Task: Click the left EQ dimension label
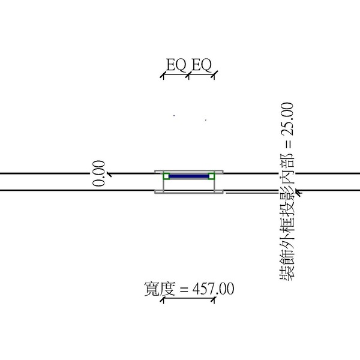[x=176, y=65]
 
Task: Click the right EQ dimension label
[x=202, y=65]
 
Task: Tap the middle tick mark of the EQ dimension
[x=188, y=75]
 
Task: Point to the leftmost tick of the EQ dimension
[x=163, y=75]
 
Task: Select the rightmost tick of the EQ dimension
[x=214, y=75]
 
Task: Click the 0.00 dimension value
[x=99, y=173]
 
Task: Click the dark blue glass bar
[x=189, y=176]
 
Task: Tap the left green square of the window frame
[x=166, y=176]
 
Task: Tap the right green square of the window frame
[x=211, y=176]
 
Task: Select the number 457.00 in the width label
[x=213, y=289]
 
